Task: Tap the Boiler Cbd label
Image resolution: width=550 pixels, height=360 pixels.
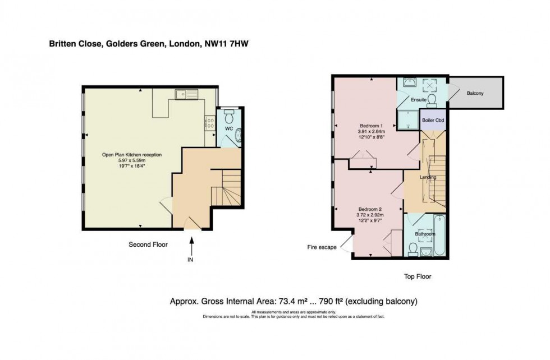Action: point(433,121)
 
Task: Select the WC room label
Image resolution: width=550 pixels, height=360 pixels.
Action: point(228,128)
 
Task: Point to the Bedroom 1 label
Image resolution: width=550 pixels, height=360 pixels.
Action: point(370,125)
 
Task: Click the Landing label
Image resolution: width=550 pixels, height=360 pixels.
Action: point(428,177)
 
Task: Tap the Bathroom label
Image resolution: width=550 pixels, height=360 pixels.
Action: point(425,234)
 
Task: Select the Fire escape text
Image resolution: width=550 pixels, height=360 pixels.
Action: point(321,246)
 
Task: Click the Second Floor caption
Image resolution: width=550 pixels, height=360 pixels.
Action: point(148,244)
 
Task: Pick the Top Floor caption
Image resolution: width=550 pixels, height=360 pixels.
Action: point(418,276)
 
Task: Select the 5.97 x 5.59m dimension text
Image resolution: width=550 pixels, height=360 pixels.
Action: point(131,160)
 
